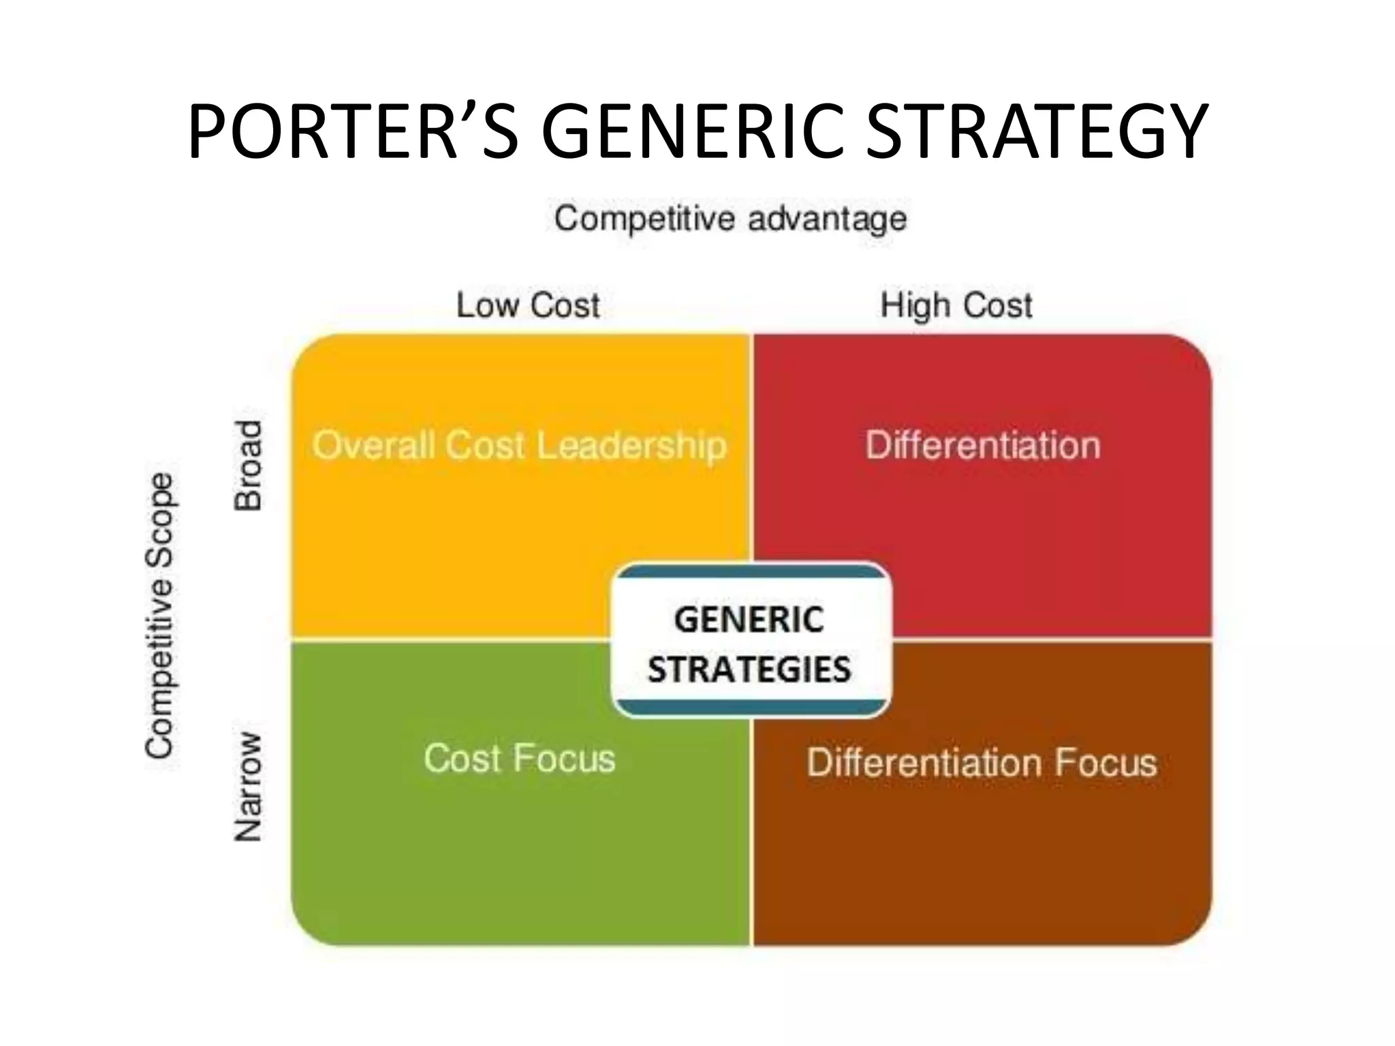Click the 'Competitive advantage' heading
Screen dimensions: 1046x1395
click(730, 219)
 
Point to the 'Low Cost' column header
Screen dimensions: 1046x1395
click(528, 305)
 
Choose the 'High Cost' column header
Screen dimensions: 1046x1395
click(956, 305)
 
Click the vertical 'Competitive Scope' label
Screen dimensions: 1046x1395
click(159, 616)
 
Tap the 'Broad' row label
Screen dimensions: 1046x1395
click(248, 466)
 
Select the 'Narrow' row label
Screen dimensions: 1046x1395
click(248, 787)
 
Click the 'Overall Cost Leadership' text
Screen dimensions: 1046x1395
click(519, 446)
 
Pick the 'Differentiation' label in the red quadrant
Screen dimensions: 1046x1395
click(982, 446)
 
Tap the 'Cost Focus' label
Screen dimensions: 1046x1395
click(519, 759)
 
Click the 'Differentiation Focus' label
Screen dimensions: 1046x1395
click(982, 763)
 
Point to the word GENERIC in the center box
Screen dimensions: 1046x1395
click(749, 620)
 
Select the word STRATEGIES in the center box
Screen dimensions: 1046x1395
click(749, 669)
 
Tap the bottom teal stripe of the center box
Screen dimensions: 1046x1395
click(751, 708)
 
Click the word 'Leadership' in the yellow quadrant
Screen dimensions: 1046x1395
click(631, 446)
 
